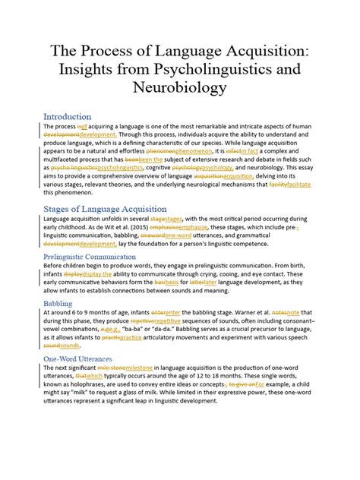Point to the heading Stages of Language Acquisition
[105, 209]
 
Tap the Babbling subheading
[58, 303]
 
